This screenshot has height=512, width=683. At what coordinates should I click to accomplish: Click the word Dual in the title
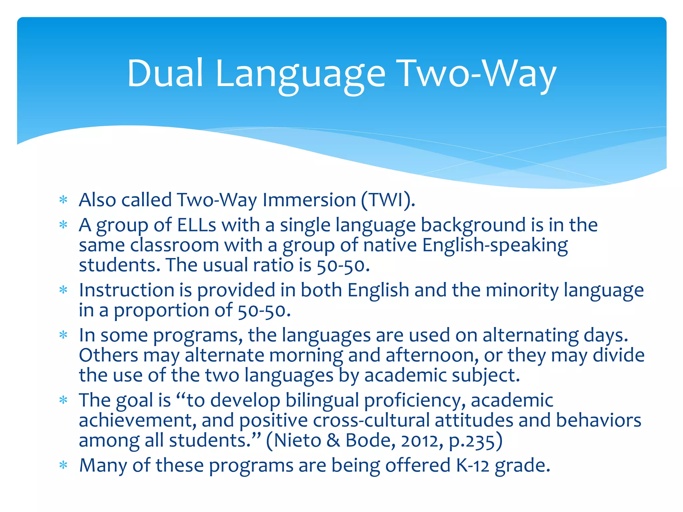pyautogui.click(x=165, y=73)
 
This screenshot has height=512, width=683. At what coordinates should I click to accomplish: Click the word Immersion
pyautogui.click(x=309, y=200)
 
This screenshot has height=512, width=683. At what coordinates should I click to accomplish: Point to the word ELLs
pyautogui.click(x=196, y=225)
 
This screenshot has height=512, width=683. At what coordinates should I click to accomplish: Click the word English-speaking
pyautogui.click(x=495, y=245)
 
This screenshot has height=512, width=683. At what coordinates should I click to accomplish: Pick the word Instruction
pyautogui.click(x=127, y=290)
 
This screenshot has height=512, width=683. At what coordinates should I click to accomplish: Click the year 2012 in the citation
pyautogui.click(x=419, y=441)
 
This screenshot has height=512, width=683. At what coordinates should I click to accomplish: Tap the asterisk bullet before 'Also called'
pyautogui.click(x=63, y=200)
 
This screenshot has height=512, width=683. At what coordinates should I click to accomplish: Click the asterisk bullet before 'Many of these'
pyautogui.click(x=63, y=465)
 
